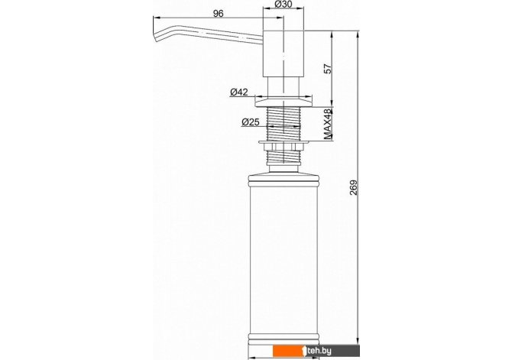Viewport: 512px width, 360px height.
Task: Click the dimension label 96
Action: [218, 14]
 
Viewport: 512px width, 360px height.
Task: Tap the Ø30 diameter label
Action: [283, 4]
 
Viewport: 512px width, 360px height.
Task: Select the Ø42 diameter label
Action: [239, 92]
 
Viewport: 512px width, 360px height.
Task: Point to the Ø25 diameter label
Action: [251, 122]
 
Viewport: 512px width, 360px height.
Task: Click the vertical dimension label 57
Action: [327, 69]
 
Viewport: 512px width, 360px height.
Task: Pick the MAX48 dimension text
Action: [328, 124]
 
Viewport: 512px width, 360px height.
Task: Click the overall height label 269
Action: [354, 187]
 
